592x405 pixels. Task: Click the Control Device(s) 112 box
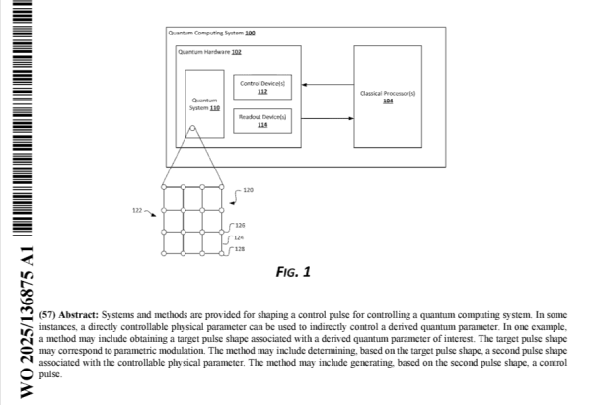click(262, 88)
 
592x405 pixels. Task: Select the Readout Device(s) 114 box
click(262, 121)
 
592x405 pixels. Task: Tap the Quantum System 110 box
click(204, 104)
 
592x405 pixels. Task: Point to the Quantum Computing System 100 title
click(212, 33)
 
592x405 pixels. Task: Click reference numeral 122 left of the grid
click(137, 210)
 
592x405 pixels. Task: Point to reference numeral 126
click(240, 226)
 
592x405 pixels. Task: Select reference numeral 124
click(240, 237)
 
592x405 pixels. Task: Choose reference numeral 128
click(240, 250)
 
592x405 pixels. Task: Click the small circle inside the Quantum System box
click(193, 130)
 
